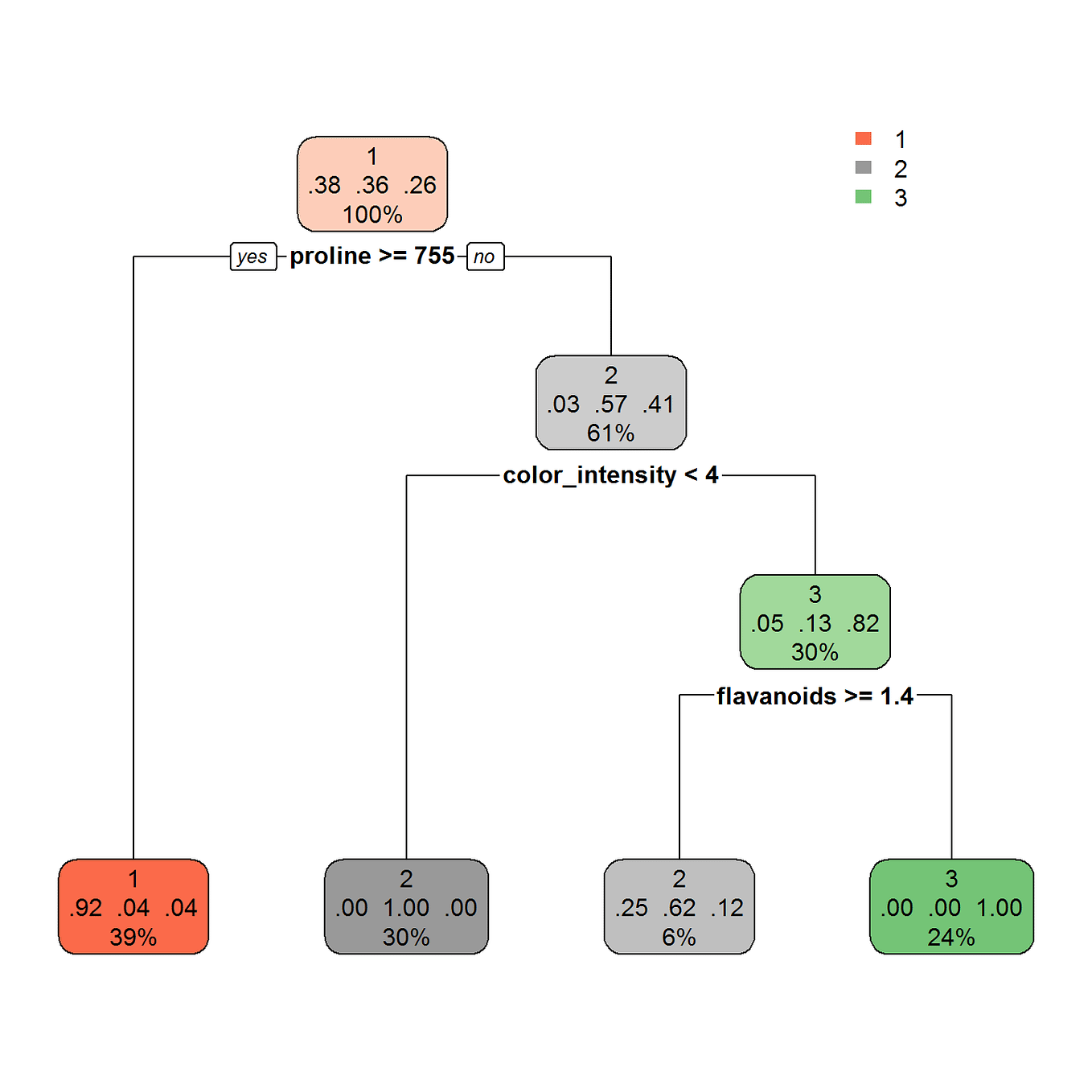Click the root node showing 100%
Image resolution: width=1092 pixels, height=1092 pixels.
pyautogui.click(x=372, y=184)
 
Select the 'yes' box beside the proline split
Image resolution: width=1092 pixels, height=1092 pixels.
pyautogui.click(x=252, y=257)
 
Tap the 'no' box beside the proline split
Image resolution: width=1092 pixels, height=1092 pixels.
pyautogui.click(x=485, y=257)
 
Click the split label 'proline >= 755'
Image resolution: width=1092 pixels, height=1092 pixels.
pyautogui.click(x=372, y=256)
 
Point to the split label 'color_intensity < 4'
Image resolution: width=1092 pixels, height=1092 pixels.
pyautogui.click(x=610, y=475)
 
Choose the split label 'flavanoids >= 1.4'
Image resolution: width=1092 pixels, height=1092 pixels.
pyautogui.click(x=815, y=696)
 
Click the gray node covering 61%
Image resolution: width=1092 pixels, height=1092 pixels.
pyautogui.click(x=610, y=403)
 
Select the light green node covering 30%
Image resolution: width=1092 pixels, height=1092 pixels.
pyautogui.click(x=815, y=622)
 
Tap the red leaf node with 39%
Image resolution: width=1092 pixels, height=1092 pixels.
pyautogui.click(x=133, y=906)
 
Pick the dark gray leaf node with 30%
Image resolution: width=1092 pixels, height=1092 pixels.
pyautogui.click(x=406, y=906)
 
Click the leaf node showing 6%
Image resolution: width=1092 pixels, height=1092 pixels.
pyautogui.click(x=679, y=906)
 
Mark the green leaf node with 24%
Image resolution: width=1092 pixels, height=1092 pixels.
pyautogui.click(x=951, y=906)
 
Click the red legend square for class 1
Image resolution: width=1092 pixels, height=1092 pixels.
pyautogui.click(x=863, y=138)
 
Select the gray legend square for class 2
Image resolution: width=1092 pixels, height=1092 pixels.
pyautogui.click(x=863, y=167)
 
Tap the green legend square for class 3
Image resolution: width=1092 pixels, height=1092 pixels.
pyautogui.click(x=863, y=196)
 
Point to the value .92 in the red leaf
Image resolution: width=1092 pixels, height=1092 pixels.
pyautogui.click(x=85, y=908)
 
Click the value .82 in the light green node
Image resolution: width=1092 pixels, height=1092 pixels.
pyautogui.click(x=863, y=623)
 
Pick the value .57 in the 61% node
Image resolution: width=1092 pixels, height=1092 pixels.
pyautogui.click(x=610, y=404)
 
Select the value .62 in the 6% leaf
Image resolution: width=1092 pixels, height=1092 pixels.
pyautogui.click(x=679, y=908)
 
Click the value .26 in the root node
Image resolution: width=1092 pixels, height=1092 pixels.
pyautogui.click(x=420, y=185)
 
